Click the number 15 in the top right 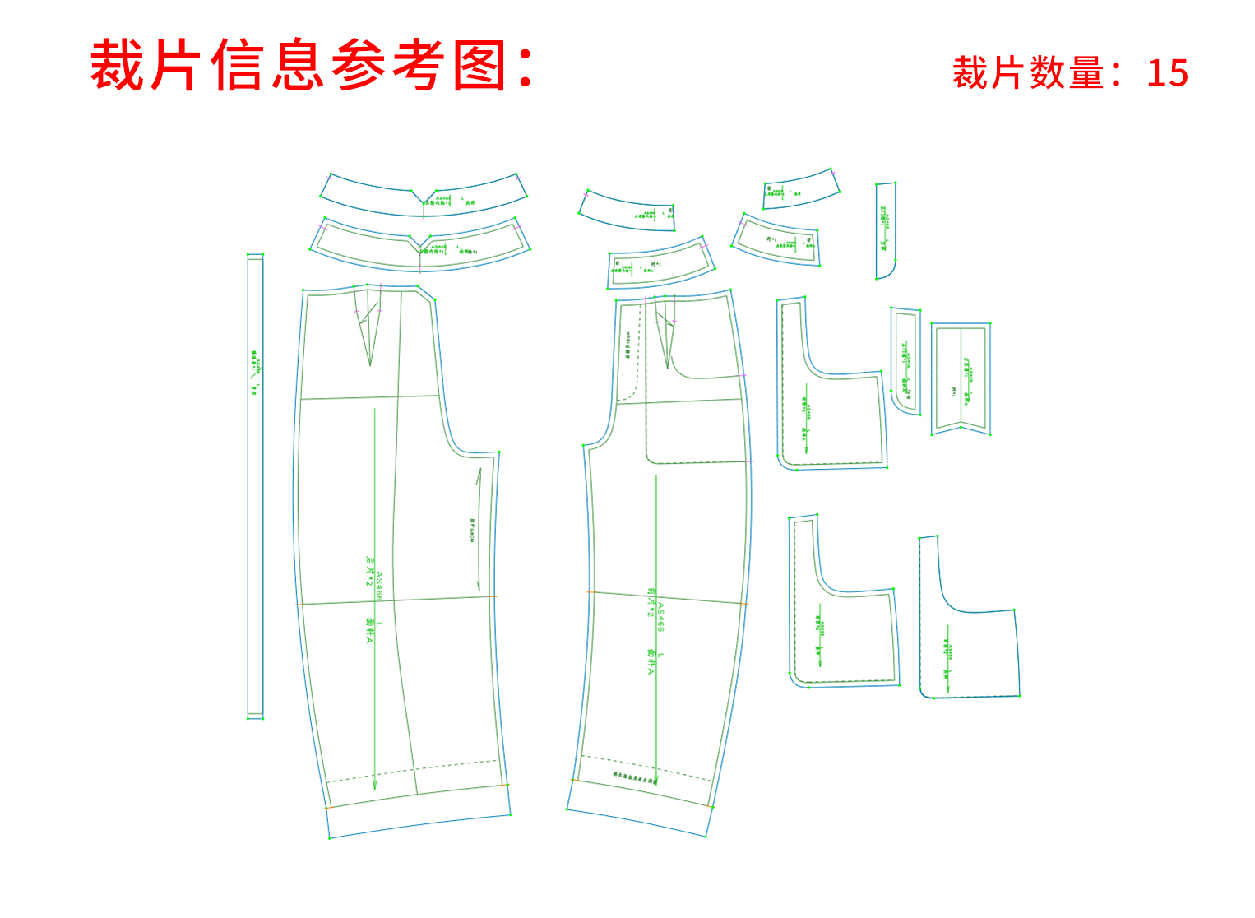(1167, 73)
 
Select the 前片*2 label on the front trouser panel (651, 602)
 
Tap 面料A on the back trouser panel (369, 631)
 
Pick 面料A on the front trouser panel (651, 662)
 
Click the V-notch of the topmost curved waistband (424, 201)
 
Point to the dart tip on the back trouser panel (370, 364)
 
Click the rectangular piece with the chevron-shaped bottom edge (960, 378)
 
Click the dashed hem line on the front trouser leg (646, 766)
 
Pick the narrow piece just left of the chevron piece (905, 360)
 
